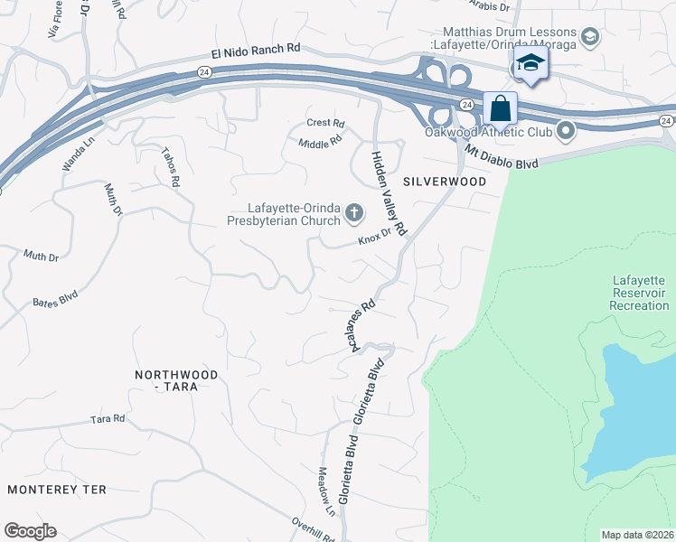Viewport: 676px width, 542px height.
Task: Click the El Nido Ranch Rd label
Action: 255,52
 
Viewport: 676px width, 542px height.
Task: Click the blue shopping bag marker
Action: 500,109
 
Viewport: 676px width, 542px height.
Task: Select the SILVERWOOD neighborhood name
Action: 446,182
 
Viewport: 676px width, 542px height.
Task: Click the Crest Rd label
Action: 325,123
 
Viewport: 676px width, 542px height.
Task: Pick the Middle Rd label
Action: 320,142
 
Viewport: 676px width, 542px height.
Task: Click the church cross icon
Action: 354,214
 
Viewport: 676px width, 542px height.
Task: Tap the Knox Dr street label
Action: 374,238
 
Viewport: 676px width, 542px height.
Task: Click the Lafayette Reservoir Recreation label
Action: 639,293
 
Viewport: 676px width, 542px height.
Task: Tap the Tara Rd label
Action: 108,420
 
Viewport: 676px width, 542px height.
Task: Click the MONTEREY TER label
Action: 57,490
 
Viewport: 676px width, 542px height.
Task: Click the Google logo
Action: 30,531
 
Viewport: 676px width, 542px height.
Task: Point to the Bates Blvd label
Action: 56,297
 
